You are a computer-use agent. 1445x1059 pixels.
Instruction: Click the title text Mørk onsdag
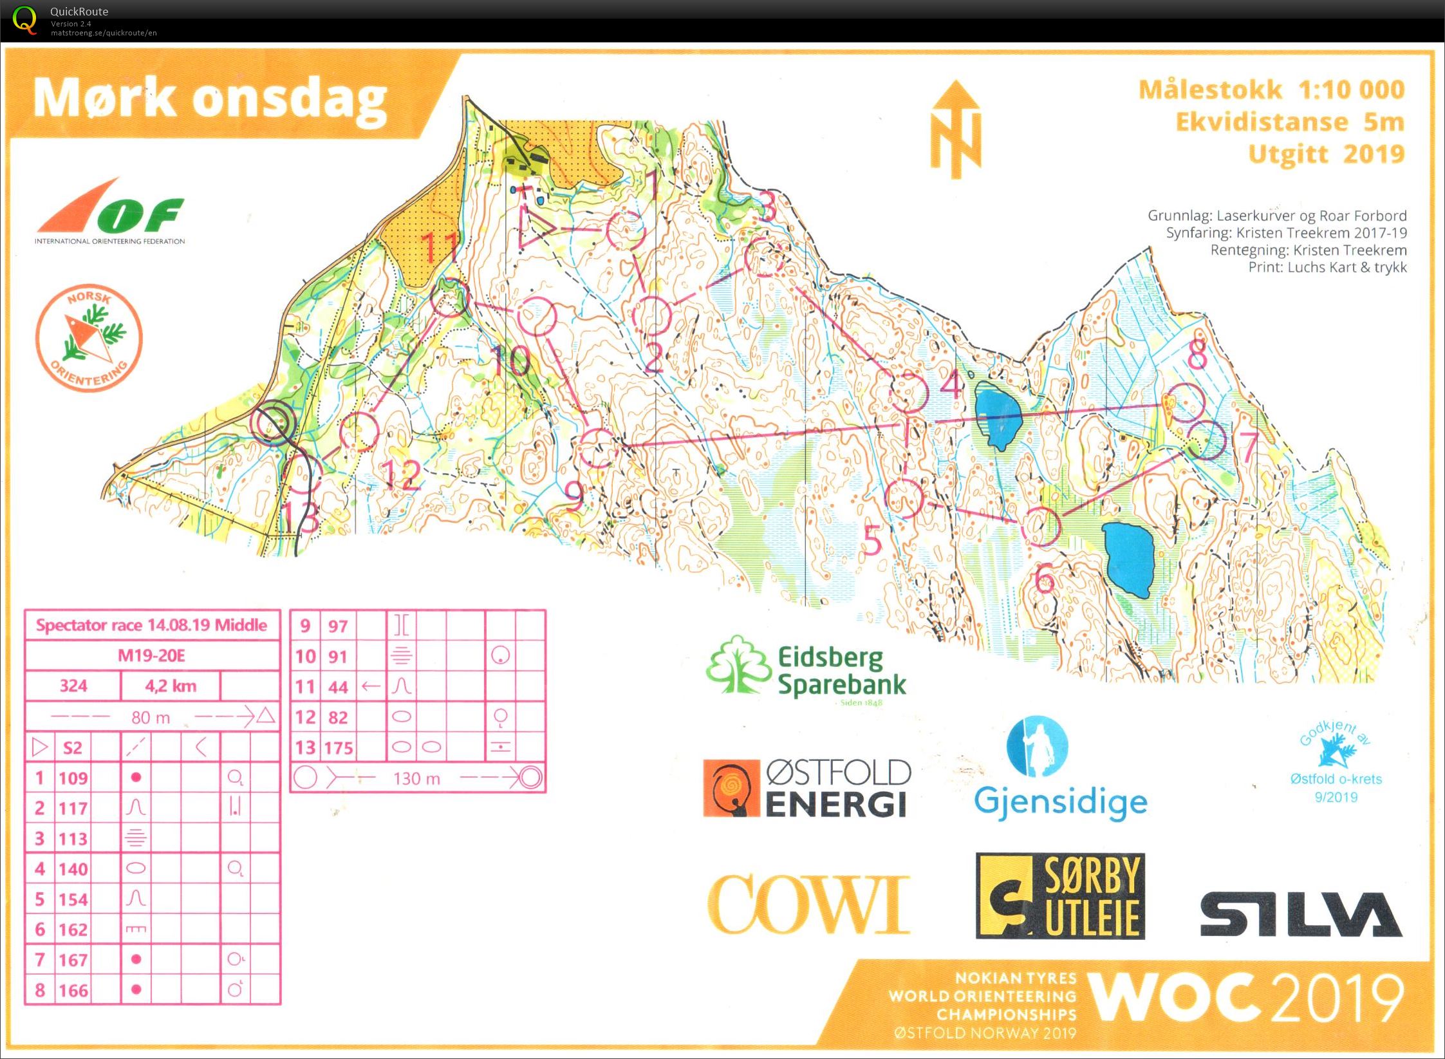click(x=210, y=98)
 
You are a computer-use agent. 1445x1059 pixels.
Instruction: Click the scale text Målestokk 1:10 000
click(x=1271, y=90)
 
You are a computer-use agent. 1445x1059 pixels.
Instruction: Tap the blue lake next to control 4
click(x=998, y=416)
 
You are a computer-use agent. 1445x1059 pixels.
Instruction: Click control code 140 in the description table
click(x=73, y=869)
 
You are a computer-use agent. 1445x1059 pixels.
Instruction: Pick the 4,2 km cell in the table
click(x=170, y=686)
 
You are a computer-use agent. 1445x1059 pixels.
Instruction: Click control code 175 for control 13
click(x=339, y=747)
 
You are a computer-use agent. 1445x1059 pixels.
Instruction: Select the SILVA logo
click(x=1300, y=914)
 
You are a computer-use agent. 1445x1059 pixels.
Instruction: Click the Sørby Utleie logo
click(x=1060, y=896)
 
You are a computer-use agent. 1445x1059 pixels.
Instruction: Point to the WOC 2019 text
click(x=1245, y=997)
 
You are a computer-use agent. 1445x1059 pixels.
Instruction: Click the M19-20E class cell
click(x=152, y=655)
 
